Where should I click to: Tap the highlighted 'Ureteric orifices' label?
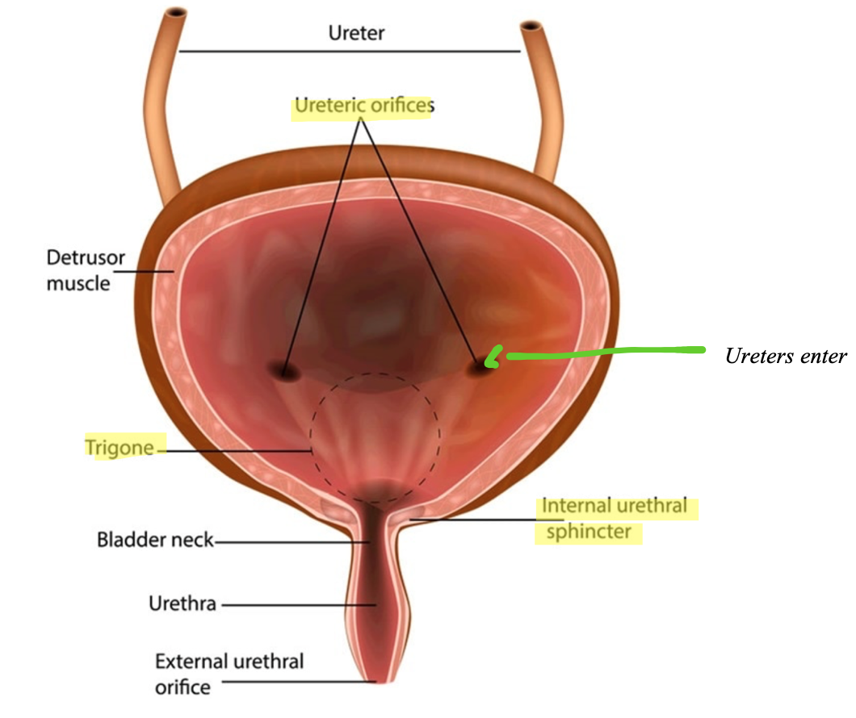coord(363,106)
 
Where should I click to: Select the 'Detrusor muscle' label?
coord(78,271)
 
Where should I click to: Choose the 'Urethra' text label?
coord(183,603)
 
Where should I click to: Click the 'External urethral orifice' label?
coord(229,674)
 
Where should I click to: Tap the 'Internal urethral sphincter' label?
coord(614,520)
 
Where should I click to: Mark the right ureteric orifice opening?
coord(483,363)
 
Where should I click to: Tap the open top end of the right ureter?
coord(531,28)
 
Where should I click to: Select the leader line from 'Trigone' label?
coord(238,450)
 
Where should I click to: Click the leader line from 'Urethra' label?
coord(299,603)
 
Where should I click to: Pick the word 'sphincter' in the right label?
coord(589,533)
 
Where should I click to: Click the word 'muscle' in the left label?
coord(78,283)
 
